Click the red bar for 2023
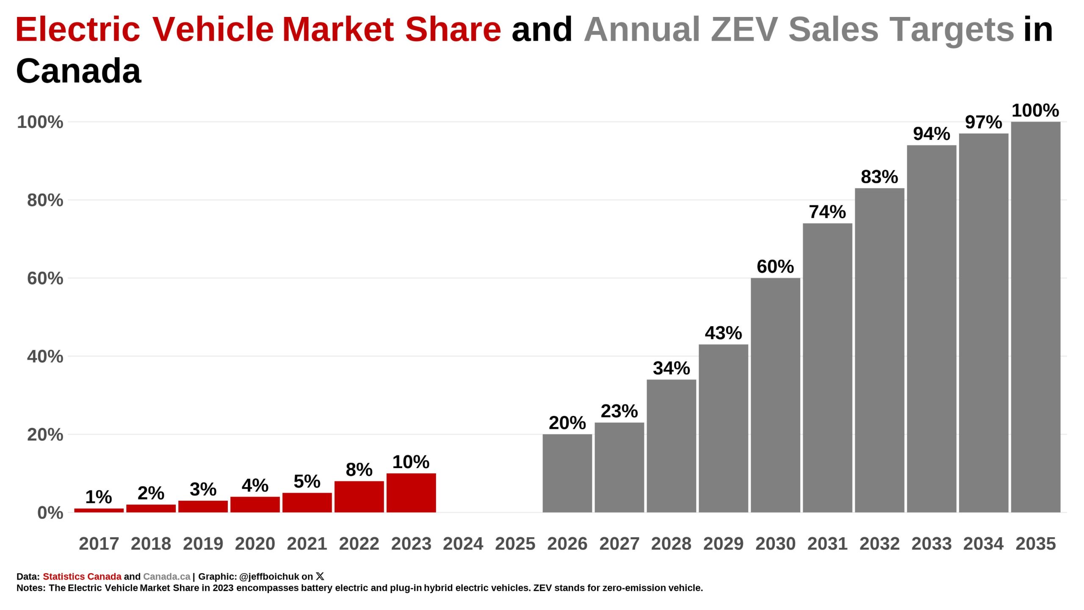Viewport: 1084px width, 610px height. [x=411, y=493]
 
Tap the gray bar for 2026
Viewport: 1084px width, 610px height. [x=567, y=473]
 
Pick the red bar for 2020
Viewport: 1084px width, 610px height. [x=255, y=505]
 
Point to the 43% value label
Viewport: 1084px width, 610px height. [x=723, y=333]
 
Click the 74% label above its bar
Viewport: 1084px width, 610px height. [x=827, y=212]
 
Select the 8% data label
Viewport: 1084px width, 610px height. [x=359, y=469]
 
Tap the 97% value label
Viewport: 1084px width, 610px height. [x=983, y=122]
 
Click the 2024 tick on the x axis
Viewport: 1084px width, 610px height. [x=463, y=543]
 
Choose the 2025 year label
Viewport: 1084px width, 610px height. [x=515, y=543]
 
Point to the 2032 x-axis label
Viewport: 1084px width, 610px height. [x=879, y=543]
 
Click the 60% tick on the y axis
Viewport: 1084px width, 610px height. [x=45, y=278]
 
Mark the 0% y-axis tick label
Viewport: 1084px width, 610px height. [x=50, y=513]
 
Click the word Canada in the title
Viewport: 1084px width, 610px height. [x=78, y=71]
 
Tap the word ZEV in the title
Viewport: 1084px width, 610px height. [x=744, y=29]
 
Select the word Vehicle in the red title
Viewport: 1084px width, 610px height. [x=213, y=29]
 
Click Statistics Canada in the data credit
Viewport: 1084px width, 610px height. [x=82, y=577]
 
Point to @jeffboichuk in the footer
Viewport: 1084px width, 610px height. [x=269, y=577]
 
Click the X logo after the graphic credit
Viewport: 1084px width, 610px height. [x=320, y=576]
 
